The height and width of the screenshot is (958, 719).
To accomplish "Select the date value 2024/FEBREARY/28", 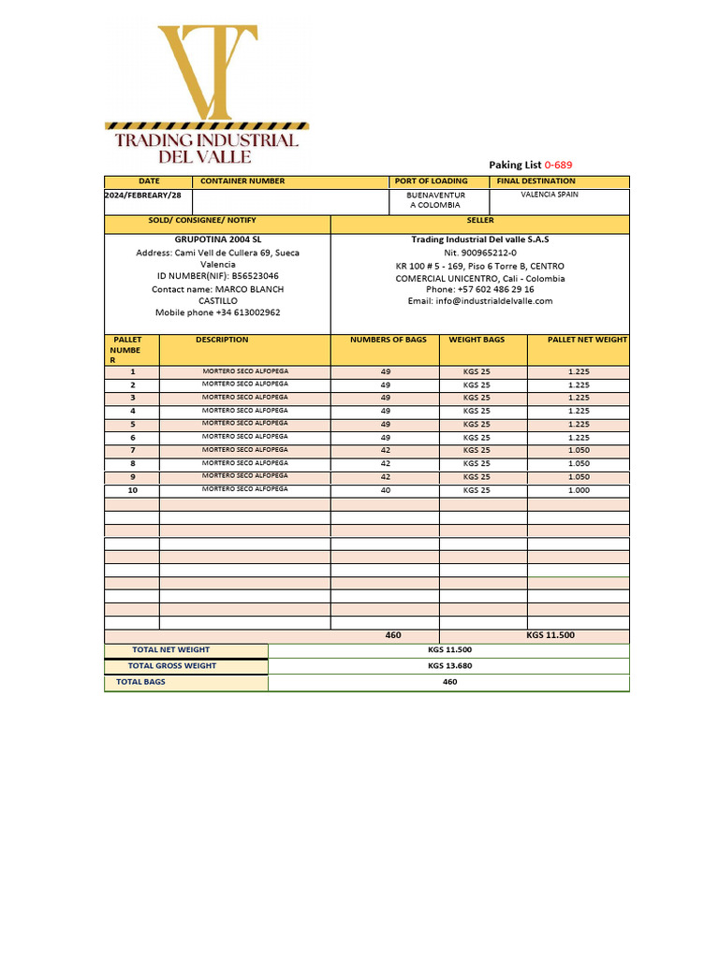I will [143, 195].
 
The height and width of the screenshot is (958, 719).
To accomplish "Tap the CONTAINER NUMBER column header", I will [242, 181].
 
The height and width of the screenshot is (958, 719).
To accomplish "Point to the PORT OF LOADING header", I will [431, 181].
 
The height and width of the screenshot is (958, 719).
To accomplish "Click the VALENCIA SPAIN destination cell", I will [550, 195].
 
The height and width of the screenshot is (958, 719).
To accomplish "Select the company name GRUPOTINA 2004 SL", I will [218, 239].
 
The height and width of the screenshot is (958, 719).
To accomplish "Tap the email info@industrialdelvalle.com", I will [480, 301].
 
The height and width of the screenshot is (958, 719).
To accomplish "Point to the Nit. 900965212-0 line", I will [480, 253].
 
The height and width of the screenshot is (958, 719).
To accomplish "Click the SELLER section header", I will [480, 220].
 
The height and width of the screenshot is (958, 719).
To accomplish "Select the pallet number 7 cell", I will [132, 450].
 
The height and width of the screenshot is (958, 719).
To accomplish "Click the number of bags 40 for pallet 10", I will [385, 490].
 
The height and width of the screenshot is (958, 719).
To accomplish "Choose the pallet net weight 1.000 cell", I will [579, 490].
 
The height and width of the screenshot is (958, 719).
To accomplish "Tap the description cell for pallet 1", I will [245, 371].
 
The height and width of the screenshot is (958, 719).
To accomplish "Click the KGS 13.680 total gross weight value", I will [449, 666].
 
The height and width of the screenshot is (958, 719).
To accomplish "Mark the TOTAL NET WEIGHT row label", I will [171, 649].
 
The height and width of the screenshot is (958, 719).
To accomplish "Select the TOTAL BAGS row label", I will [140, 682].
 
